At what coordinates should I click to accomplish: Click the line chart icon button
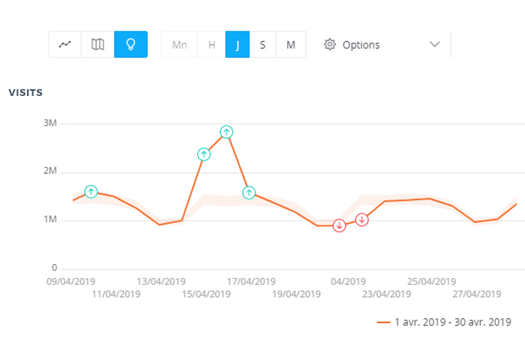(65, 44)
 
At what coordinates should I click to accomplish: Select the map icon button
(97, 44)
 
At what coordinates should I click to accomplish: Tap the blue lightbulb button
(130, 44)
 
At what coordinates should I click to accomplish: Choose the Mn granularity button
(179, 44)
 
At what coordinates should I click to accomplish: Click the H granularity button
(211, 44)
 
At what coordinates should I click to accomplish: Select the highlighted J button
(237, 44)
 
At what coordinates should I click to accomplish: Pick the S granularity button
(262, 44)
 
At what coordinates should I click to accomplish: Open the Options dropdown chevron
(434, 44)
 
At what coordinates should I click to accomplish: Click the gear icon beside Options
(329, 44)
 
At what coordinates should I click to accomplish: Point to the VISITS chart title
(25, 93)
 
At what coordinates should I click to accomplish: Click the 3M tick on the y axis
(49, 123)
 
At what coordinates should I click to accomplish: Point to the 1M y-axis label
(49, 220)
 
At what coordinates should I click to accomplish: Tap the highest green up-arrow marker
(226, 132)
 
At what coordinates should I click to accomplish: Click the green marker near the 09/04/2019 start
(91, 192)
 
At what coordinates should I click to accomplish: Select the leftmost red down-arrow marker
(339, 226)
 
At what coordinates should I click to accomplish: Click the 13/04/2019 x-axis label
(160, 282)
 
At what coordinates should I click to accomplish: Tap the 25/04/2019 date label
(431, 282)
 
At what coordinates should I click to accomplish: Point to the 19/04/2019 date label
(296, 294)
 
